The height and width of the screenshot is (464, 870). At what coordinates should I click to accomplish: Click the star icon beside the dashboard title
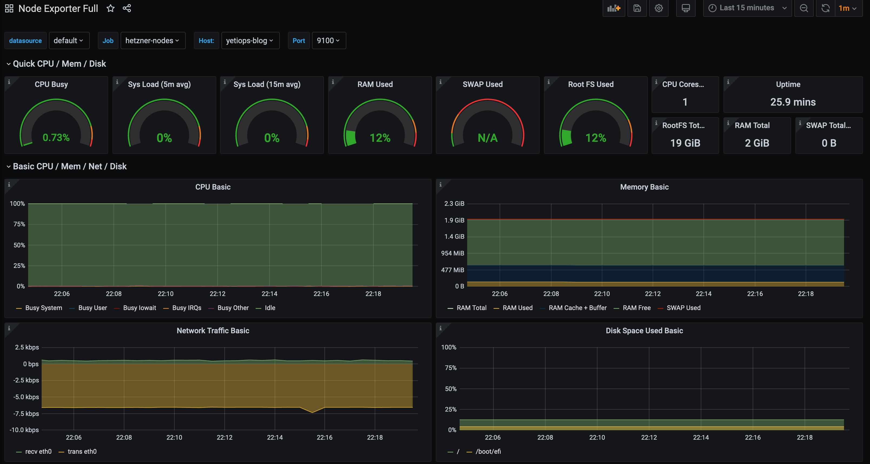110,8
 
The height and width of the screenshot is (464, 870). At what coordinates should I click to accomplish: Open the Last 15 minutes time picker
747,8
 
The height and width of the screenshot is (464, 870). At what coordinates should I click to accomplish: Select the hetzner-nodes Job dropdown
152,41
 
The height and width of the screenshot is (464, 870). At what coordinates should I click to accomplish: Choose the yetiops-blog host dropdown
250,41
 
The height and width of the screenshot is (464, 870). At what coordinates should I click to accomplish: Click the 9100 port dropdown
328,41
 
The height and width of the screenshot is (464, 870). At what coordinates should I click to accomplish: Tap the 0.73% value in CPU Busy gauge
56,138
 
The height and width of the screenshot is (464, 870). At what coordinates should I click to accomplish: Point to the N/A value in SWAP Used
487,138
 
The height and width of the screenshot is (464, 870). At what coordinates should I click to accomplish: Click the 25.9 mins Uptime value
793,102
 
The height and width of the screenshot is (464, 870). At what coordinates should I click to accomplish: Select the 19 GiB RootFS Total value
685,143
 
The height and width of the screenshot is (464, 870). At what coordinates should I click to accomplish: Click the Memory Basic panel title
644,187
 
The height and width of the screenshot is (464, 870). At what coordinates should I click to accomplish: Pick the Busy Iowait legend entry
139,308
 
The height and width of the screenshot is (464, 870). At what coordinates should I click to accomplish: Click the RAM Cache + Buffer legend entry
577,308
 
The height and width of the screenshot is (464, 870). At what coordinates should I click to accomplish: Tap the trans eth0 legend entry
82,452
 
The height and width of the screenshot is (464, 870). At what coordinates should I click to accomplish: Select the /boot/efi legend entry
488,452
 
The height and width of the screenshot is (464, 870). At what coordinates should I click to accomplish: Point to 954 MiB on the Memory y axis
452,253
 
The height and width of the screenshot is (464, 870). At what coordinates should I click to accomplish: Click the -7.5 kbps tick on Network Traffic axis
26,414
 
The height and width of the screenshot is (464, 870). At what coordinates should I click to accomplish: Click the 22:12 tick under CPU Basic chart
217,294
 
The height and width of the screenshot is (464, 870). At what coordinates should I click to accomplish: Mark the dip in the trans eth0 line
313,412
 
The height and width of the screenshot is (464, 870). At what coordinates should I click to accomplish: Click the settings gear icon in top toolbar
659,8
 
